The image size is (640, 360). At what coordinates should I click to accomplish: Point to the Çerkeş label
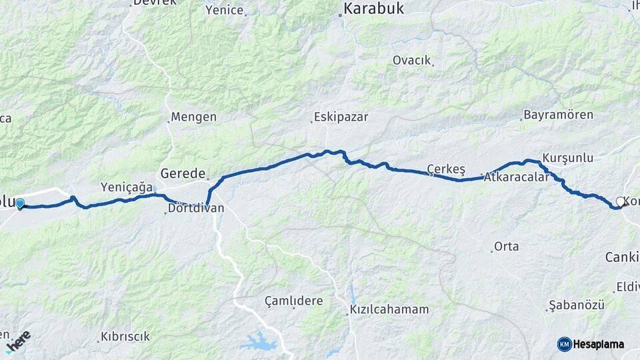coord(446,167)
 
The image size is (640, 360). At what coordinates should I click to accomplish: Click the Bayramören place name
coord(558,115)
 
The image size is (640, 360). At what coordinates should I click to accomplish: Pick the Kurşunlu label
coord(567,158)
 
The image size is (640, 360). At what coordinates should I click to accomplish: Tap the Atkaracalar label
coord(517,177)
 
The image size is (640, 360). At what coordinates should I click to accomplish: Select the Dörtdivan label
coord(196,209)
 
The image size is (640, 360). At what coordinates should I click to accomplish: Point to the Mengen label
coord(193,117)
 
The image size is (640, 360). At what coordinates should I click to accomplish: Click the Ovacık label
coord(411,60)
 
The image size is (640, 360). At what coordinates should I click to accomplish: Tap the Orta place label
coord(506,247)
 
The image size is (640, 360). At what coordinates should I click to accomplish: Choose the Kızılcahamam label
coord(389,310)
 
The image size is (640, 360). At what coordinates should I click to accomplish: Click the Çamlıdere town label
coord(293,301)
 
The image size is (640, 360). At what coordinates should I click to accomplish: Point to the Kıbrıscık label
coord(125,337)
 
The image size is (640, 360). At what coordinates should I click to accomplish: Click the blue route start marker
coord(20,203)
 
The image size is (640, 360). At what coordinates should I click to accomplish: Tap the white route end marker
coord(620,201)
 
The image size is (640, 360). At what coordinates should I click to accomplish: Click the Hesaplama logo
coord(591,344)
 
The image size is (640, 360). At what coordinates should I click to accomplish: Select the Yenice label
coord(224,10)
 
